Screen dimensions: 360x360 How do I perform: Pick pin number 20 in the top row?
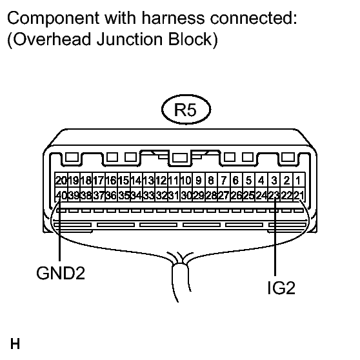click(61, 180)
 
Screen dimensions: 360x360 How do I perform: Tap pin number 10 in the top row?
click(186, 180)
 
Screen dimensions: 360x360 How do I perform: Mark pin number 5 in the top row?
click(248, 180)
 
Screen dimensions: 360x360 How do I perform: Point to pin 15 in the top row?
click(123, 180)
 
